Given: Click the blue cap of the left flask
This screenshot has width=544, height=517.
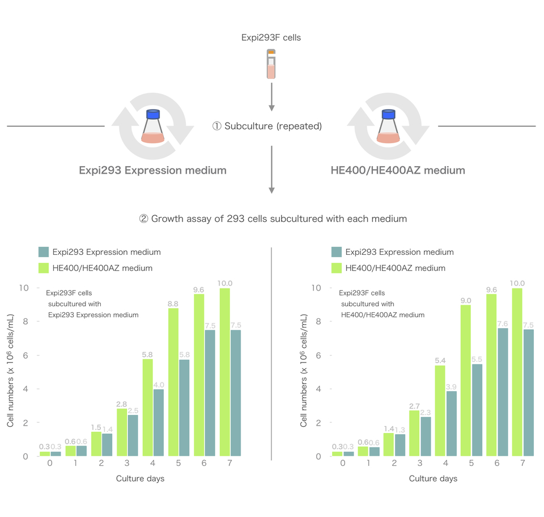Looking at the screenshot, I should tap(152, 114).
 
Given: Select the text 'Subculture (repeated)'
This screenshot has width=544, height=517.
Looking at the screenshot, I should tap(273, 126).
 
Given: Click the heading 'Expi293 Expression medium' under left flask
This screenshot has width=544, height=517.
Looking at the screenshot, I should tap(152, 170).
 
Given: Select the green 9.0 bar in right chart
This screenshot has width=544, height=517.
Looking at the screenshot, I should tap(466, 380).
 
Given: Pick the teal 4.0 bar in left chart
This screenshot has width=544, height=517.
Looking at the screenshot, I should tap(159, 422).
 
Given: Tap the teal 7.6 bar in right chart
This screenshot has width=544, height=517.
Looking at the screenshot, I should tap(503, 392).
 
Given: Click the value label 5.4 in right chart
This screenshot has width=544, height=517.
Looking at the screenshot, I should tap(440, 360).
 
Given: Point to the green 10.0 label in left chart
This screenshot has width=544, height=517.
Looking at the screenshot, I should tap(225, 283).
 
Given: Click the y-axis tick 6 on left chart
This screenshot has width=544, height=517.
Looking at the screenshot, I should tap(24, 355).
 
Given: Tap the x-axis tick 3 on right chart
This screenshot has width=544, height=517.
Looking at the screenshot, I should tap(420, 464).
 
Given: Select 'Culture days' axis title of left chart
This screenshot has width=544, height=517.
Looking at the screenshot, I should tap(140, 478).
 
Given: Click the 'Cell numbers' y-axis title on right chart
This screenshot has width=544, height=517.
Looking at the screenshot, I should tap(304, 372).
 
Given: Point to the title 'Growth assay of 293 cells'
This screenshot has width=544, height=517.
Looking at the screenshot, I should tap(273, 218).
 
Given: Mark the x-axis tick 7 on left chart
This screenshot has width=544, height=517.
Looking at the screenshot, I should tap(230, 464).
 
